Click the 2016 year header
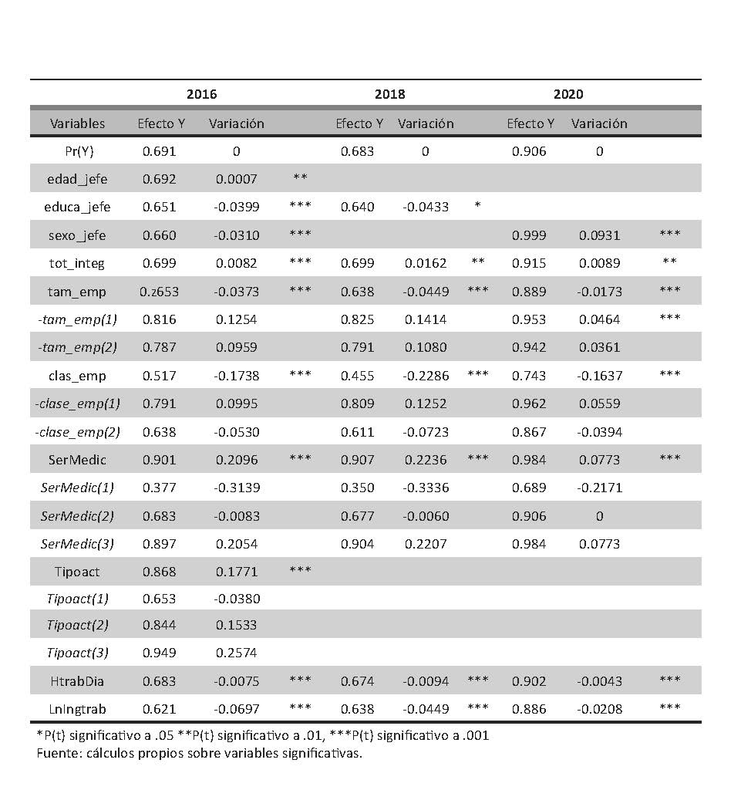[x=202, y=95]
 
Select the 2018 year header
[x=390, y=95]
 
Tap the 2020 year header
[x=568, y=95]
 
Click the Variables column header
[x=77, y=123]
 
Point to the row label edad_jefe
[x=77, y=179]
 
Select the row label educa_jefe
[x=77, y=207]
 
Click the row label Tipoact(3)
[x=77, y=653]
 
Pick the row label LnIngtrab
[x=77, y=709]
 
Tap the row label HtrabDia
[x=77, y=681]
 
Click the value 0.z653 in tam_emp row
[x=159, y=291]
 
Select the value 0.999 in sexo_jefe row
[x=529, y=235]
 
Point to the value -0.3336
[x=425, y=488]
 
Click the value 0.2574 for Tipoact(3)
[x=236, y=653]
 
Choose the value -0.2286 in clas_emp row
[x=425, y=376]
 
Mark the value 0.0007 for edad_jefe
[x=236, y=179]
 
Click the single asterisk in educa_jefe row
[x=478, y=207]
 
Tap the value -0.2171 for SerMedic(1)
[x=599, y=488]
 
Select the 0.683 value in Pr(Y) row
[x=358, y=151]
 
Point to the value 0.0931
[x=599, y=235]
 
